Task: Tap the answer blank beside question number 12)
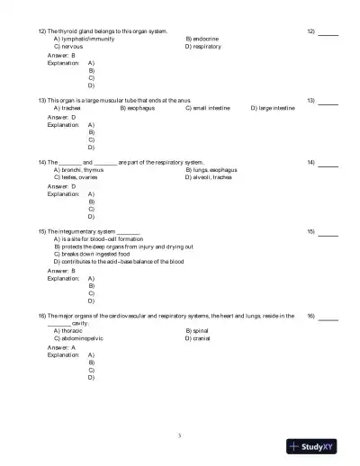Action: pos(328,32)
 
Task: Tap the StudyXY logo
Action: pos(311,445)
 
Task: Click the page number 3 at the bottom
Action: pos(180,435)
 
